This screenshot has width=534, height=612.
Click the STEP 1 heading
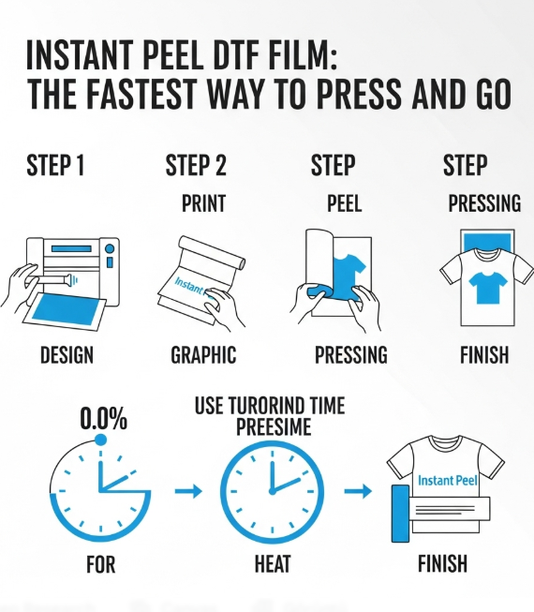55,167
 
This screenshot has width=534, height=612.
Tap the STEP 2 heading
196,167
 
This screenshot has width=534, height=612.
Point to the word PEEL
344,203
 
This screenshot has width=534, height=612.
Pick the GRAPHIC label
203,355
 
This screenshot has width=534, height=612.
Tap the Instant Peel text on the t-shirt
448,481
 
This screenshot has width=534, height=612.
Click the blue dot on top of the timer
100,439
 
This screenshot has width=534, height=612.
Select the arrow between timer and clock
188,490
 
